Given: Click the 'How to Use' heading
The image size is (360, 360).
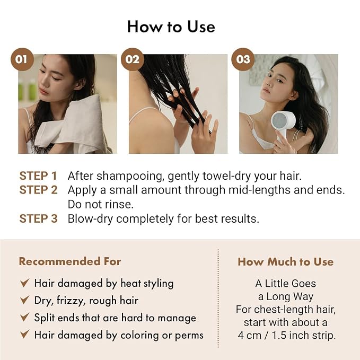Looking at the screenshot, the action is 171,27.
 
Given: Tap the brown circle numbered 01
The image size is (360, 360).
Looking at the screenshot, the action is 22,59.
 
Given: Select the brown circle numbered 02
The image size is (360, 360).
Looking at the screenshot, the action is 133,59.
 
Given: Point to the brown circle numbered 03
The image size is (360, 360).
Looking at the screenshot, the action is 243,59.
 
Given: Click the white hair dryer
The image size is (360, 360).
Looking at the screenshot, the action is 283,125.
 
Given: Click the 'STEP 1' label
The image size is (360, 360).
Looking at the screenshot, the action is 38,176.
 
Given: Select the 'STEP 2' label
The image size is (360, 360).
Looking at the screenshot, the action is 38,190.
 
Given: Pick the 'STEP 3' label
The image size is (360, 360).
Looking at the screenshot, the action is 38,218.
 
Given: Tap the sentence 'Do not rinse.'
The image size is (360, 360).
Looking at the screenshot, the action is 101,204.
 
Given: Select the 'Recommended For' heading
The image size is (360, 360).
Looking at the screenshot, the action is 70,261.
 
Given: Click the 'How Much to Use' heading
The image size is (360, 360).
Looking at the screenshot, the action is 286,262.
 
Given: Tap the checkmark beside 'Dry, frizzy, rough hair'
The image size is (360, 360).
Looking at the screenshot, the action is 24,300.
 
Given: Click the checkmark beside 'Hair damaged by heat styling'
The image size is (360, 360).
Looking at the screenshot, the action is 24,283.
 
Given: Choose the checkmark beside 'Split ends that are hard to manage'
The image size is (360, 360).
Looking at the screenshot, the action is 24,317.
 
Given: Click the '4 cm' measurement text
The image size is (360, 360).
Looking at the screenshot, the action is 250,336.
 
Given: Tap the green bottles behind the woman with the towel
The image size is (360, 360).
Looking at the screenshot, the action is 27,90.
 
